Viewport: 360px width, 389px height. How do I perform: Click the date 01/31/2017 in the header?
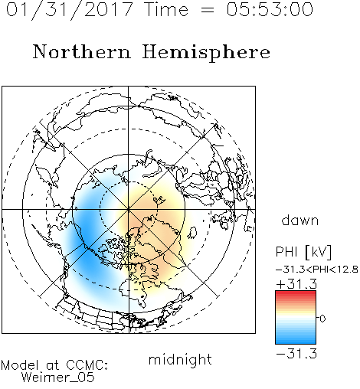click(70, 10)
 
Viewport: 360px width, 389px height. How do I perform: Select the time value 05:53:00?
click(270, 9)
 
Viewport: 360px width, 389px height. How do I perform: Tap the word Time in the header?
click(166, 9)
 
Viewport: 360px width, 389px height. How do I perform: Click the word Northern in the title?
click(82, 51)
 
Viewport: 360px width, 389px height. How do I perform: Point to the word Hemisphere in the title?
click(206, 53)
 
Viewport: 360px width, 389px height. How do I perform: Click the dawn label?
click(300, 220)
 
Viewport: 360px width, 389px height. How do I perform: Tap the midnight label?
click(180, 359)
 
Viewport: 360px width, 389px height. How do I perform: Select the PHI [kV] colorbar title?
click(303, 252)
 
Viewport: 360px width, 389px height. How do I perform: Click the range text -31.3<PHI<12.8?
click(317, 270)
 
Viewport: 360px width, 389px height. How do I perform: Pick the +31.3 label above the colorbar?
click(296, 284)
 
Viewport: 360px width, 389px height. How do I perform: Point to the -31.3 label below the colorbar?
click(296, 354)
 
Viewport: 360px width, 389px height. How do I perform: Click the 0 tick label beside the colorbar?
click(322, 319)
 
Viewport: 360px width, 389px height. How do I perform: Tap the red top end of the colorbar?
click(296, 293)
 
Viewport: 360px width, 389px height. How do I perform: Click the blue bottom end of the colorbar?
click(296, 342)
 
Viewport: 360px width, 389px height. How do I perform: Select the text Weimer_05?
click(57, 378)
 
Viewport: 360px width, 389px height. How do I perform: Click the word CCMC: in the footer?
click(87, 365)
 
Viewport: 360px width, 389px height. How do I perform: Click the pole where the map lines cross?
click(129, 209)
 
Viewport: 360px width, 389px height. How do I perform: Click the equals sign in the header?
click(208, 10)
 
